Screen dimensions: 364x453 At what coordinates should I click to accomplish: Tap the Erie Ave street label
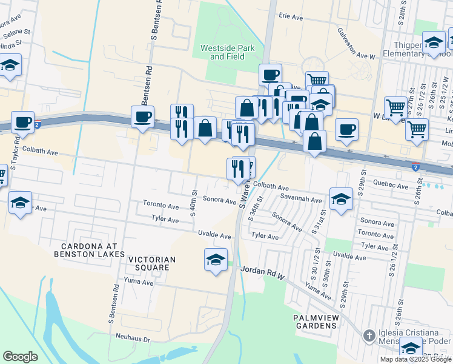click(291, 18)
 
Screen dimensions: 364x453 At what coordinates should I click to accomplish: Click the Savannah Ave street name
click(301, 199)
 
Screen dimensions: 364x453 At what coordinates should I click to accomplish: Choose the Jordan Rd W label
click(262, 272)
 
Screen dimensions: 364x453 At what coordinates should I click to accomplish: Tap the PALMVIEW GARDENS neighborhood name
click(314, 322)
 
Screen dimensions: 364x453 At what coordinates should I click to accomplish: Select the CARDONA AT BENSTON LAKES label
click(93, 249)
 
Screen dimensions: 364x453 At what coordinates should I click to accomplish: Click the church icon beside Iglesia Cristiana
click(369, 336)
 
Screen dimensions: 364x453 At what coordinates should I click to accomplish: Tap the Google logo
click(20, 357)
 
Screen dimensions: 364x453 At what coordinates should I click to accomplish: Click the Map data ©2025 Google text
click(416, 359)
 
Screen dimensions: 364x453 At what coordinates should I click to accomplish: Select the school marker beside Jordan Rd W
click(216, 260)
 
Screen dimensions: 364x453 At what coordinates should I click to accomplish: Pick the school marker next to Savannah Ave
click(341, 198)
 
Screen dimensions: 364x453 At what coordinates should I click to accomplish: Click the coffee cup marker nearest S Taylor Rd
click(23, 122)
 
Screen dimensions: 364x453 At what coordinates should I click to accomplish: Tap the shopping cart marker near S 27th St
click(395, 107)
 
